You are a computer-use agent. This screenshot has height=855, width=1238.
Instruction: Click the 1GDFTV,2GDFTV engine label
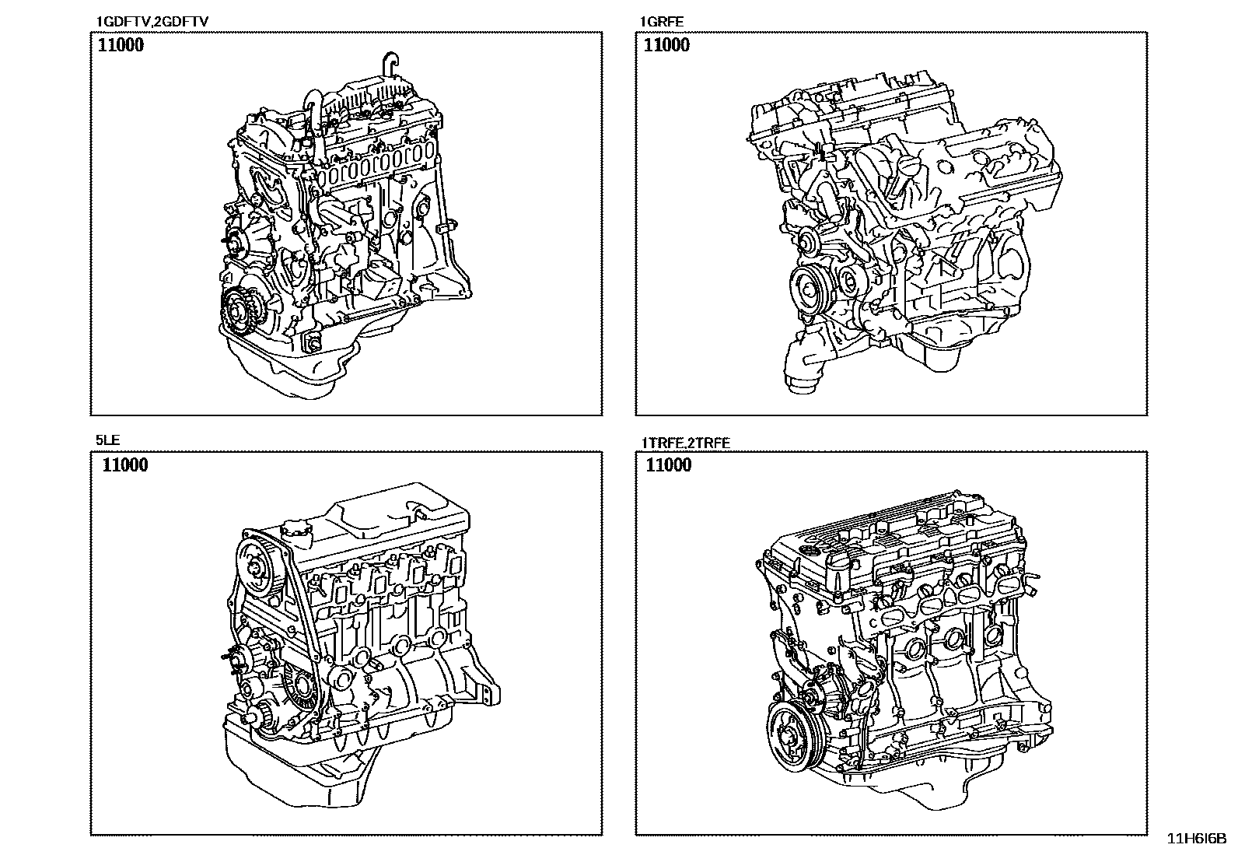pyautogui.click(x=152, y=22)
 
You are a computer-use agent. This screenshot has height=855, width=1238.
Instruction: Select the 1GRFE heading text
pyautogui.click(x=662, y=22)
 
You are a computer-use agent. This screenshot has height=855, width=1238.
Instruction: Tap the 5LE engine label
pyautogui.click(x=107, y=440)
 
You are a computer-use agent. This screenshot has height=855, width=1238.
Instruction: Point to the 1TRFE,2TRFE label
pyautogui.click(x=685, y=443)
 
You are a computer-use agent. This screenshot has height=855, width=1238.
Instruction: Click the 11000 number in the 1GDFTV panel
pyautogui.click(x=121, y=45)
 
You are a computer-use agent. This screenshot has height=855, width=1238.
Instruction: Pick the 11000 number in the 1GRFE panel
pyautogui.click(x=666, y=45)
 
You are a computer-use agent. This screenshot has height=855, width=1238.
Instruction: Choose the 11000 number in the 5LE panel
pyautogui.click(x=125, y=464)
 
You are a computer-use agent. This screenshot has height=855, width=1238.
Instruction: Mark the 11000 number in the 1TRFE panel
pyautogui.click(x=669, y=464)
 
